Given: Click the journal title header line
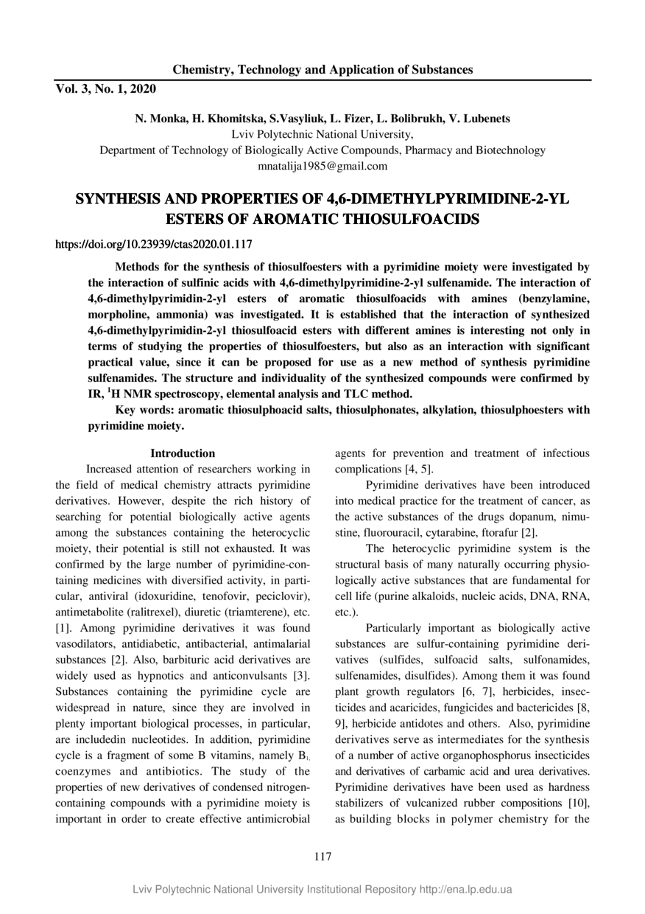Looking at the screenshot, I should pyautogui.click(x=322, y=70).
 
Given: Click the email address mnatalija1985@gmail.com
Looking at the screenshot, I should pyautogui.click(x=322, y=166).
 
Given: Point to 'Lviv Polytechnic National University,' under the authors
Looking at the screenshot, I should pyautogui.click(x=322, y=134).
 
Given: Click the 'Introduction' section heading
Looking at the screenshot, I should pyautogui.click(x=183, y=453).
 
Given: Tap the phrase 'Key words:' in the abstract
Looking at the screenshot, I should pyautogui.click(x=142, y=410).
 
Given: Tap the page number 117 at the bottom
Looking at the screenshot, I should pyautogui.click(x=322, y=856).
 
